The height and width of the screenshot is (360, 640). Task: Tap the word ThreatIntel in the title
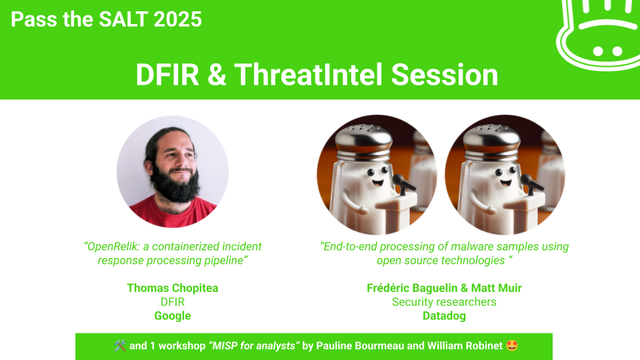309,75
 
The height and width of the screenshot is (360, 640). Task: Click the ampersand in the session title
217,75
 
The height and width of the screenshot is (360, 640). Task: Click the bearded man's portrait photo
173,171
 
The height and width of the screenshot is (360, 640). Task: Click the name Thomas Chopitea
173,288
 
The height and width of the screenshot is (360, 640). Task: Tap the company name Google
173,316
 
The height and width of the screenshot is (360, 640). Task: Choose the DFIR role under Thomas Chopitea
173,302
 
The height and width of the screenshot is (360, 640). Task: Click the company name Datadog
444,316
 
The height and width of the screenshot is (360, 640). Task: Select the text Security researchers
444,302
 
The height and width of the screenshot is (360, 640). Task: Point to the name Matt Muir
496,288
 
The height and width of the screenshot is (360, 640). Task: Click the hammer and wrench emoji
120,346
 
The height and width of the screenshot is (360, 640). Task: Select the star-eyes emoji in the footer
512,346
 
